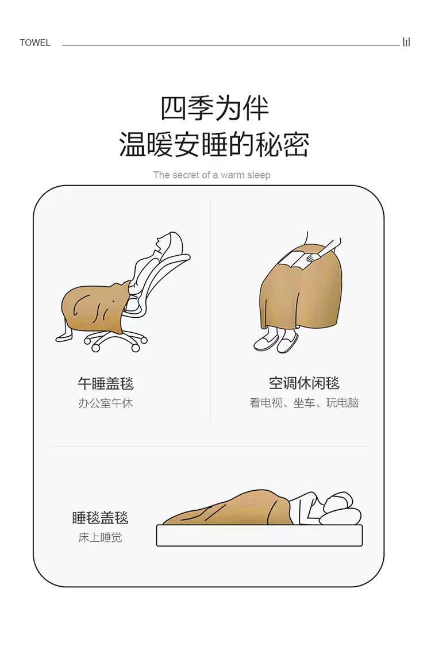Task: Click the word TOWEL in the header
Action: (x=35, y=43)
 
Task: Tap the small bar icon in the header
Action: (x=406, y=42)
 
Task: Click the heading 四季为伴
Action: (x=214, y=108)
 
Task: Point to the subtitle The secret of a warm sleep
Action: (x=212, y=175)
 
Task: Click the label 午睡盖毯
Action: (x=106, y=383)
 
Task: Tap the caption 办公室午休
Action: (x=106, y=403)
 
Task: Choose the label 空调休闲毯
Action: (x=304, y=383)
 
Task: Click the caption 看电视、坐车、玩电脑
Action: (x=304, y=403)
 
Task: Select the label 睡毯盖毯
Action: (x=100, y=518)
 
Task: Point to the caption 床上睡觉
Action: (x=101, y=537)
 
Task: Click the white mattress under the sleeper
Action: (x=259, y=535)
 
